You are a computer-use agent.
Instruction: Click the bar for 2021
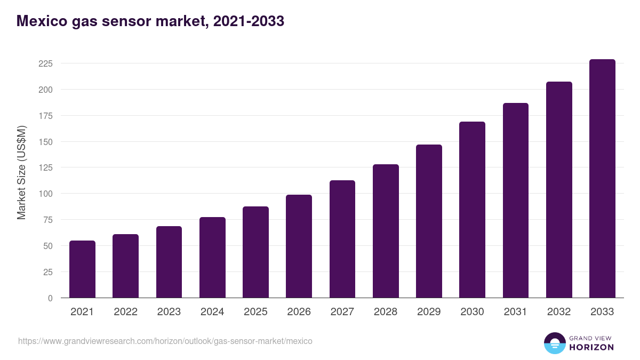[x=82, y=269]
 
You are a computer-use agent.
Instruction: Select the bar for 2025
[x=255, y=252]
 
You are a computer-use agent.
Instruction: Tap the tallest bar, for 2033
[x=602, y=179]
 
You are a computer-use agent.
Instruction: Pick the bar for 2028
[x=386, y=231]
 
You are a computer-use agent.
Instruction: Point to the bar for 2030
[x=472, y=210]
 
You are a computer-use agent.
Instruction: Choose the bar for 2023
[x=169, y=262]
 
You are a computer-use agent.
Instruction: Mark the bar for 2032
[x=559, y=190]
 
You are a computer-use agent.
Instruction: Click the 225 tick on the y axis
[x=45, y=63]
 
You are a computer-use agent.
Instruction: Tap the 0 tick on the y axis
[x=50, y=298]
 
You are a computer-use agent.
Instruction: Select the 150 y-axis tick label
[x=45, y=142]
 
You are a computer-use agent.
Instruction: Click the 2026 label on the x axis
[x=299, y=312]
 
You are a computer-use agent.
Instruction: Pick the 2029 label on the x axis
[x=429, y=312]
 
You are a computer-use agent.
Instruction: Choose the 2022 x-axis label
[x=125, y=312]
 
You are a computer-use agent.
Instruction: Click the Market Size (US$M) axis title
[x=21, y=172]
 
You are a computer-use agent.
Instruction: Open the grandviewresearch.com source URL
[x=165, y=341]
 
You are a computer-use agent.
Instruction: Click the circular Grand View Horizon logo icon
[x=554, y=343]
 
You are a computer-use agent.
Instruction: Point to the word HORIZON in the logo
[x=591, y=347]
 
